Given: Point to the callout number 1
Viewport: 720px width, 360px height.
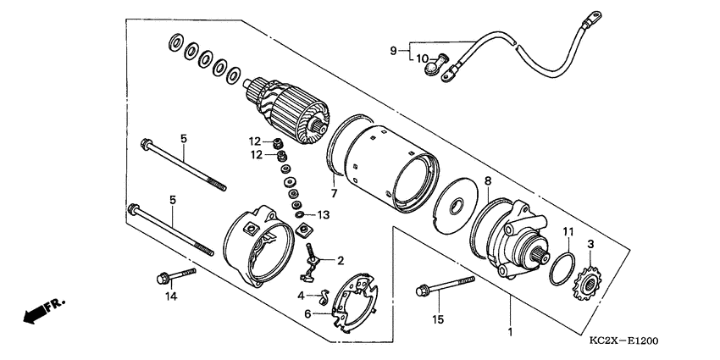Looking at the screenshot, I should coord(510,332).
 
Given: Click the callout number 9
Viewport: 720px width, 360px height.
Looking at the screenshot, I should coord(393,51).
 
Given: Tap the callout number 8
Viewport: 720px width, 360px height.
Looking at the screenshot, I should coord(487,180).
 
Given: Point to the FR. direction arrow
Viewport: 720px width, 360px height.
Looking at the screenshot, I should coord(39,311).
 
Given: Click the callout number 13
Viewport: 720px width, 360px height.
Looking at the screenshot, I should coord(324,214).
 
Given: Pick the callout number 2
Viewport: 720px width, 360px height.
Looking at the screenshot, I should coord(341,260).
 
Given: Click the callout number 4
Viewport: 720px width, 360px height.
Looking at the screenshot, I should coord(301,296).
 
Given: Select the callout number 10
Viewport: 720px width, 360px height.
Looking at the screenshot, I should coord(422,58).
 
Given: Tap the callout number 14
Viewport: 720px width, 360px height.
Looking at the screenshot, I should coord(172,296).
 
